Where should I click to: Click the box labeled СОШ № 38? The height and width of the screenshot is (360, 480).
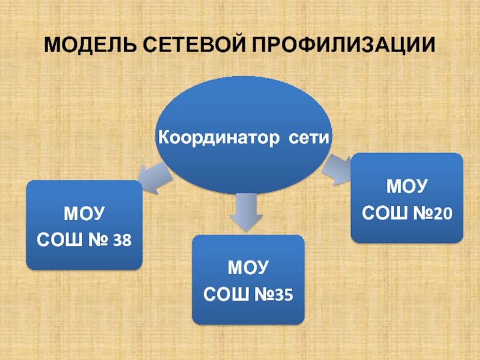[x=85, y=224]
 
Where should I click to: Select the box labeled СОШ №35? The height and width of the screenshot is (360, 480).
[x=248, y=280]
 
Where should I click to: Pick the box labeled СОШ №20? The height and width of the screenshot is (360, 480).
[x=407, y=197]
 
